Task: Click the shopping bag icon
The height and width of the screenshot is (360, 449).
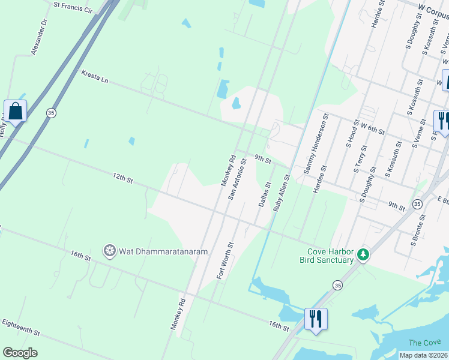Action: (x=15, y=111)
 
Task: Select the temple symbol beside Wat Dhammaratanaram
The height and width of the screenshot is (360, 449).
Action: (x=109, y=251)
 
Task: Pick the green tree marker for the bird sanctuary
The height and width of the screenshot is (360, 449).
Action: (x=363, y=255)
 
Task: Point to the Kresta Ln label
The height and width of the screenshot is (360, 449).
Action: (x=95, y=76)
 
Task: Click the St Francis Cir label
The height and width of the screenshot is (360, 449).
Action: (x=73, y=8)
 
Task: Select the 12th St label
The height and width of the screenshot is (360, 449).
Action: (x=122, y=178)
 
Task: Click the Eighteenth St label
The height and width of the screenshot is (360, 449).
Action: (x=21, y=328)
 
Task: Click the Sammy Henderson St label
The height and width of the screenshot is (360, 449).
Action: (x=316, y=144)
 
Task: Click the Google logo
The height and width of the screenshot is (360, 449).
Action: (x=20, y=353)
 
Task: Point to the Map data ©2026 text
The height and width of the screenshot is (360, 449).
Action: (x=423, y=355)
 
